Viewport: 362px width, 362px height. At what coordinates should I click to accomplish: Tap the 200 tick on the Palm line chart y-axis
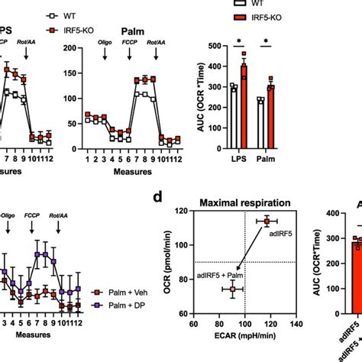pos(72,47)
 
